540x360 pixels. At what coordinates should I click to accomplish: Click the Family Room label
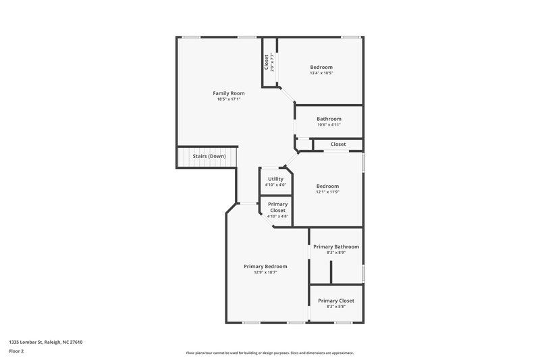pyautogui.click(x=229, y=93)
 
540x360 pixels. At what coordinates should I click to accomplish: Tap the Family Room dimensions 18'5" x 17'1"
pyautogui.click(x=229, y=99)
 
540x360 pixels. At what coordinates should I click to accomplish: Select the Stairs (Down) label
pyautogui.click(x=209, y=156)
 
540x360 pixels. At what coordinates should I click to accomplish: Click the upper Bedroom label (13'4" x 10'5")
pyautogui.click(x=321, y=67)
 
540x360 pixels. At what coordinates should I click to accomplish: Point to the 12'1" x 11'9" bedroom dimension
pyautogui.click(x=327, y=192)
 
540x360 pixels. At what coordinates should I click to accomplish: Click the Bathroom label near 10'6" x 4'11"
pyautogui.click(x=329, y=119)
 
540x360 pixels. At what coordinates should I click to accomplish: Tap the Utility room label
pyautogui.click(x=275, y=179)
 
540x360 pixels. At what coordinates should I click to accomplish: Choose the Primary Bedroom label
pyautogui.click(x=265, y=266)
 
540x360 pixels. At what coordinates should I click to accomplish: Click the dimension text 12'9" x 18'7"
pyautogui.click(x=265, y=272)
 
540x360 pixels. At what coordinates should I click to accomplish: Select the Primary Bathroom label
pyautogui.click(x=336, y=247)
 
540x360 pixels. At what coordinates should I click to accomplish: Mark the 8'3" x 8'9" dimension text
pyautogui.click(x=336, y=253)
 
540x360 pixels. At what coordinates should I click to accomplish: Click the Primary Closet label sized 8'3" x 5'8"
pyautogui.click(x=336, y=301)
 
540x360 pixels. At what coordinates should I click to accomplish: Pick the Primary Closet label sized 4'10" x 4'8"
pyautogui.click(x=277, y=207)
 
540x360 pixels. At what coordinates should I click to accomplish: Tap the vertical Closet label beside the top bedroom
pyautogui.click(x=267, y=62)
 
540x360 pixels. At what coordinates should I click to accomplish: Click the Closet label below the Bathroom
pyautogui.click(x=338, y=144)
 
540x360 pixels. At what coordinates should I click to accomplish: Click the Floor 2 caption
pyautogui.click(x=17, y=351)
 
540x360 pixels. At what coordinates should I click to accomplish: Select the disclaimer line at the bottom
pyautogui.click(x=270, y=353)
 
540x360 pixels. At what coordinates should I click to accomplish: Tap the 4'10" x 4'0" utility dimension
pyautogui.click(x=275, y=184)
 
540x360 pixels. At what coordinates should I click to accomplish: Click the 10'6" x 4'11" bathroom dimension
pyautogui.click(x=329, y=125)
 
